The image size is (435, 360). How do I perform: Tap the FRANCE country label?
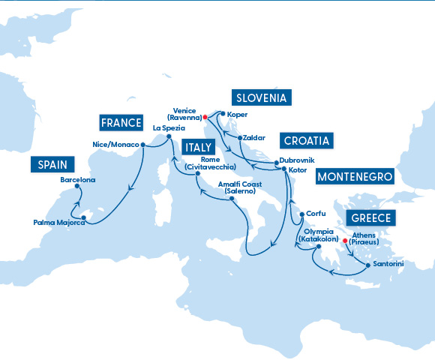pyautogui.click(x=121, y=122)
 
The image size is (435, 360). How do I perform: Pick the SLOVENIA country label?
pyautogui.click(x=262, y=98)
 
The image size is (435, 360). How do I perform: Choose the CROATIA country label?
pyautogui.click(x=307, y=141)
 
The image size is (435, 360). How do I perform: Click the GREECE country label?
pyautogui.click(x=370, y=219)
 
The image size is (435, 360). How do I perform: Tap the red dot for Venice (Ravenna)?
pyautogui.click(x=205, y=117)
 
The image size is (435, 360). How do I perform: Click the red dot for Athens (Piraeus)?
pyautogui.click(x=345, y=241)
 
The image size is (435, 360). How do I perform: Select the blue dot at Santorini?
pyautogui.click(x=367, y=265)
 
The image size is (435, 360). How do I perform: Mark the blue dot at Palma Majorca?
pyautogui.click(x=84, y=218)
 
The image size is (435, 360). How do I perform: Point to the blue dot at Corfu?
pyautogui.click(x=301, y=214)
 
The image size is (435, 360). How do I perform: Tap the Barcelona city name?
pyautogui.click(x=78, y=181)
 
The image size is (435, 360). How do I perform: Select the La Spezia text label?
pyautogui.click(x=168, y=128)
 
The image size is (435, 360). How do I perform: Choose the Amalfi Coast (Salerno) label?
pyautogui.click(x=239, y=187)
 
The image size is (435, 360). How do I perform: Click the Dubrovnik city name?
pyautogui.click(x=296, y=161)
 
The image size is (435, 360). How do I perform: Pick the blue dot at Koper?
pyautogui.click(x=222, y=114)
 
